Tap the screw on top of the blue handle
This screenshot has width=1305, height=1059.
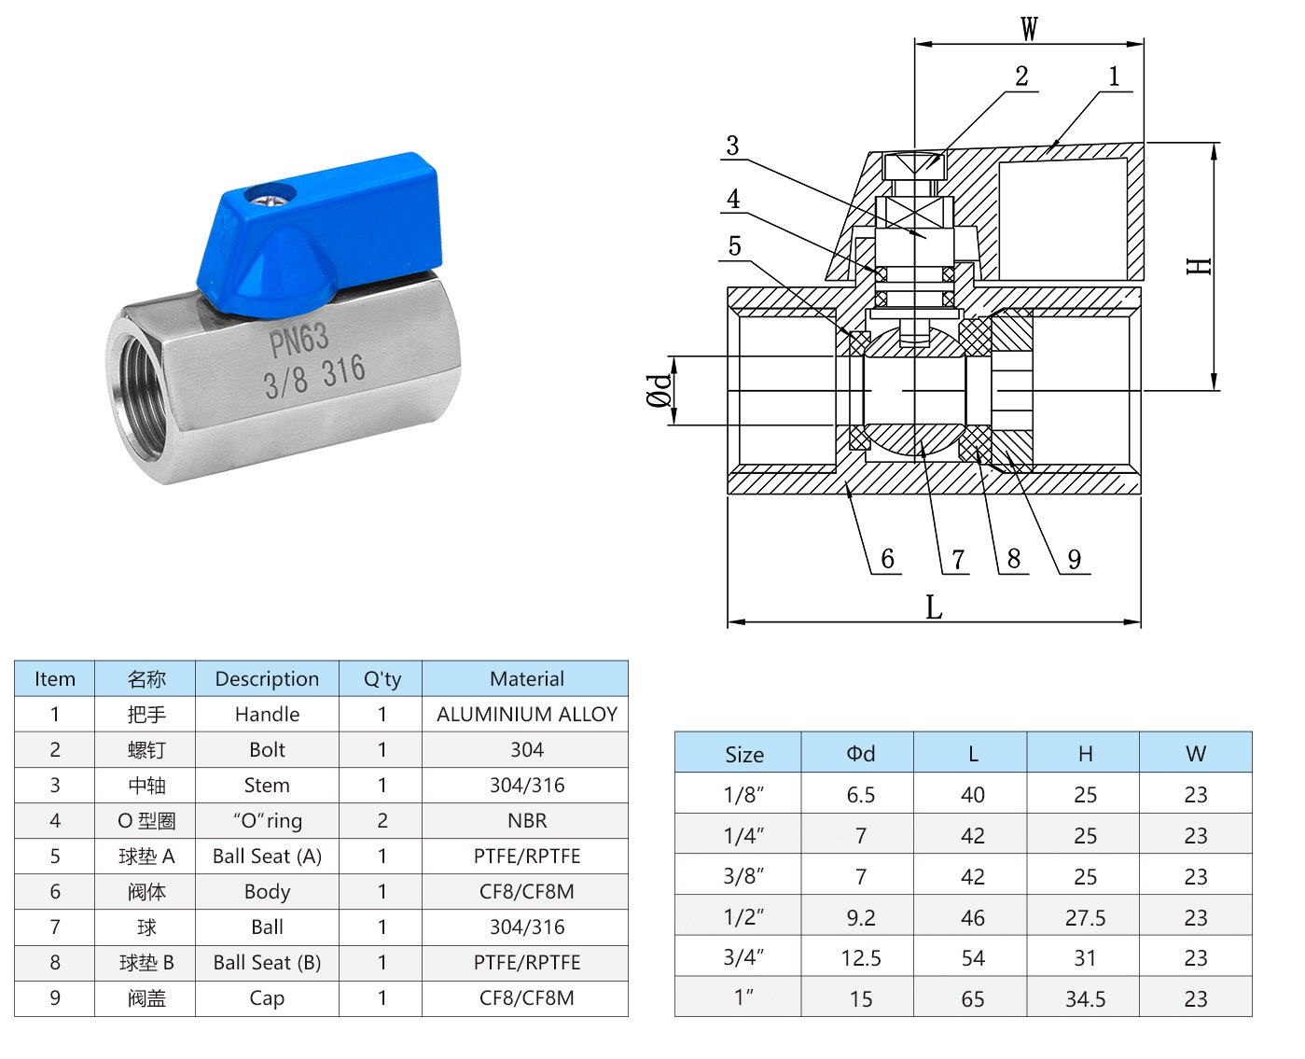270,196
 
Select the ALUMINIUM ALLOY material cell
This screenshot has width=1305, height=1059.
526,714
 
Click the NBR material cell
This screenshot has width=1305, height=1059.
526,820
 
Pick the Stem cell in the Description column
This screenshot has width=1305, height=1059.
267,785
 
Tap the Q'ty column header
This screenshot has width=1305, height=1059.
382,678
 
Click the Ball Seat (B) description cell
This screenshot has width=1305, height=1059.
267,962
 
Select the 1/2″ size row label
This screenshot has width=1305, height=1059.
743,917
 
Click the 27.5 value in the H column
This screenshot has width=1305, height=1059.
1085,917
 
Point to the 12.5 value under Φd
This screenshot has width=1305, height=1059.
860,958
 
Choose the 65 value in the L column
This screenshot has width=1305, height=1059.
972,999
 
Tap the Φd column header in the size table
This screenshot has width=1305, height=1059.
860,753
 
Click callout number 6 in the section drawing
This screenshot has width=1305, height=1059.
887,558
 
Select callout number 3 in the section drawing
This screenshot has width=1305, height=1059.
732,146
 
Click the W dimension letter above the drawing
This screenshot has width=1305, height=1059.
1029,28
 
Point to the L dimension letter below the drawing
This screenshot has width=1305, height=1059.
933,606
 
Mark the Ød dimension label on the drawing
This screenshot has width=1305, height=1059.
659,390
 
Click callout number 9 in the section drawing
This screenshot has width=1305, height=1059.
1074,559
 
